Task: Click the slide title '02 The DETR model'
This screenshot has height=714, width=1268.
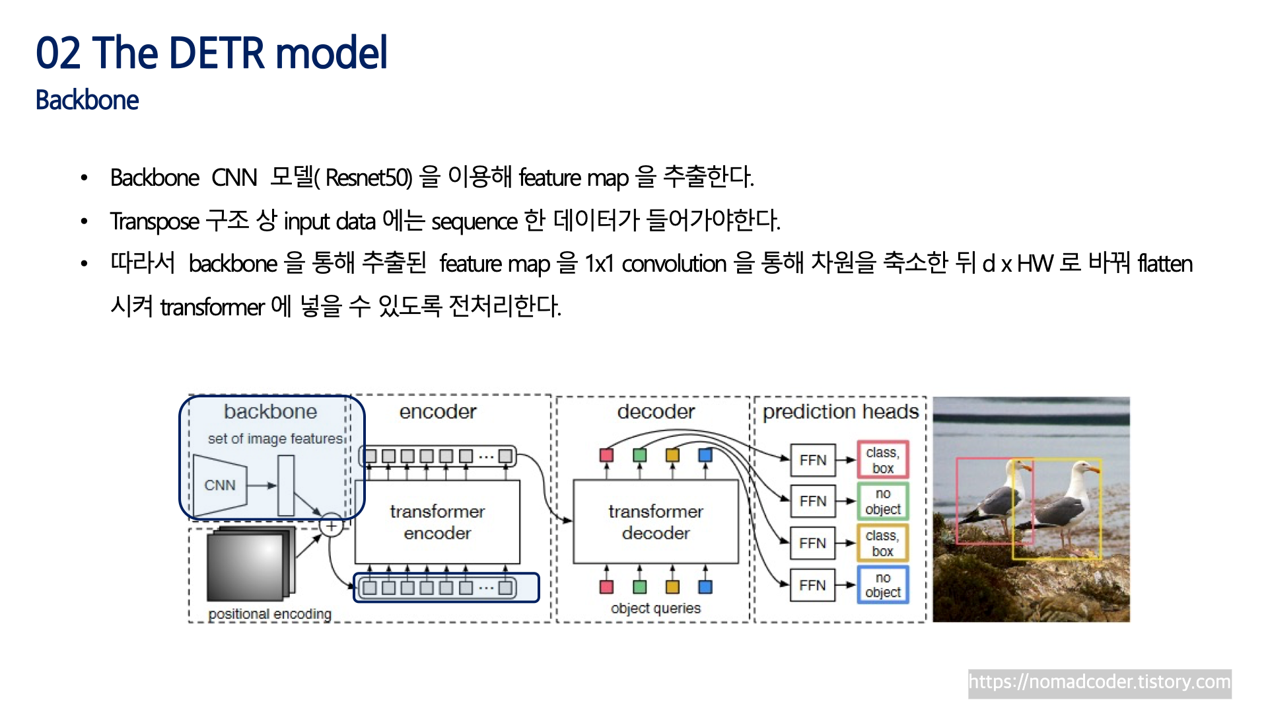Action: coord(211,53)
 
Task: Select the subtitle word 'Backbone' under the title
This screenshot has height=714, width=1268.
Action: coord(87,100)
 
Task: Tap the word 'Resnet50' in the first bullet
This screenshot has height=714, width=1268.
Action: coord(368,178)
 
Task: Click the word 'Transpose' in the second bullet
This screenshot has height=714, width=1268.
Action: coord(155,221)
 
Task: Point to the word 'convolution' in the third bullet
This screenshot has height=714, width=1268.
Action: coord(674,264)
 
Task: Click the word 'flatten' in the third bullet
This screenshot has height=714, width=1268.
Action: coord(1165,264)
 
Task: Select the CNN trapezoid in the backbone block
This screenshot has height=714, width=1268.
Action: coord(220,485)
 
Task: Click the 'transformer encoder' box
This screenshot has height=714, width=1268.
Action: coord(437,522)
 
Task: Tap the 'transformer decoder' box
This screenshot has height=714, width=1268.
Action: coord(655,522)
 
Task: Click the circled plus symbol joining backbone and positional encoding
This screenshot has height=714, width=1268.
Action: coord(331,526)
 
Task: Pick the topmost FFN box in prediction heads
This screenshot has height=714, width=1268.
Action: coord(812,460)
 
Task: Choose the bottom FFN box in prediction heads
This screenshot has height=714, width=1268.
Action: coord(812,585)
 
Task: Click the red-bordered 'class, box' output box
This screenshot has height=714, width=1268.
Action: coord(883,460)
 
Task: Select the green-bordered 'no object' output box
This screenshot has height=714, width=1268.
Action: coord(883,501)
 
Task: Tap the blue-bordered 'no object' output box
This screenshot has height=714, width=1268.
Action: coord(883,585)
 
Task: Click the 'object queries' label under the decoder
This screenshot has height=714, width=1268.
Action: coord(655,608)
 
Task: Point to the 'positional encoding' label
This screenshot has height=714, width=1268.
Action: coord(269,614)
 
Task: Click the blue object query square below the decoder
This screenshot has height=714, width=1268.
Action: coord(705,587)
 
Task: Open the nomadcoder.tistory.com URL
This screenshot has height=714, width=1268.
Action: coord(1099,682)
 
